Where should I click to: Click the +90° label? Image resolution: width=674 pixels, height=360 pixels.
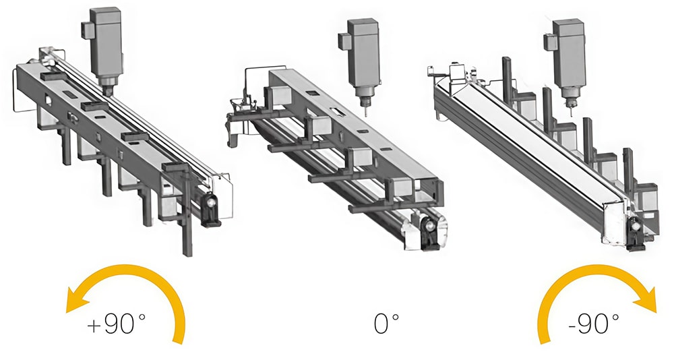(x=116, y=324)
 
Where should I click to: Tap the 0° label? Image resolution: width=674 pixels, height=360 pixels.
(x=386, y=324)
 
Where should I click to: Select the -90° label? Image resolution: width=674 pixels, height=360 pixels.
(x=593, y=324)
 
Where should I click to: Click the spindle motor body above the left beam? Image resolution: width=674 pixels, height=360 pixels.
(x=107, y=42)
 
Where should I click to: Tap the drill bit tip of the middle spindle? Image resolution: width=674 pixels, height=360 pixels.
(x=366, y=115)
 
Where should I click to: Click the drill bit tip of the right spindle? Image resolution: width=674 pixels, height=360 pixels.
(x=572, y=115)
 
